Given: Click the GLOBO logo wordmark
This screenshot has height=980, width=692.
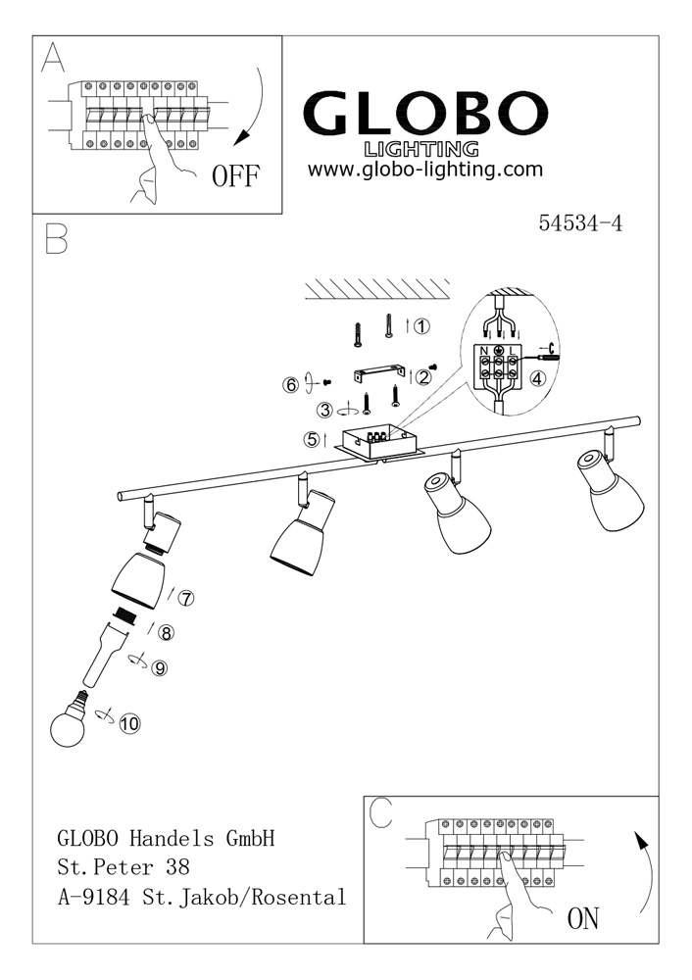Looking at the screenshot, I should pos(423,116).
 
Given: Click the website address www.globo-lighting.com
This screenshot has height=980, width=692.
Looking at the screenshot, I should pos(424,170).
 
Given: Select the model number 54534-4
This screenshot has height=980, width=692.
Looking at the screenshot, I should pos(580,222).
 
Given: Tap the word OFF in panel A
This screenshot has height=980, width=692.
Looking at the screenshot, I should pos(236,176).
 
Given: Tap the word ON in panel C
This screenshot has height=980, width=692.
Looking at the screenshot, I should pos(583,918).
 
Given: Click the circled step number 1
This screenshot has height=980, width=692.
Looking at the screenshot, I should pos(421,327).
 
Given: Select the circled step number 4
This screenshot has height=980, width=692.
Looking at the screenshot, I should pos(537,378).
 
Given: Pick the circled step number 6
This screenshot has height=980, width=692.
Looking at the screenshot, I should pos(290,385).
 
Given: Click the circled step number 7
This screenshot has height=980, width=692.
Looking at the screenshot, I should pos(186,598).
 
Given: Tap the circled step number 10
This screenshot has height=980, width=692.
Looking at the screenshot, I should pos(129,724).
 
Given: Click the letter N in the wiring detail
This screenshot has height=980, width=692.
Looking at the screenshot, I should pos(482,350).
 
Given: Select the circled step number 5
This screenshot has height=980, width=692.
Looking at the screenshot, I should pos(312,440).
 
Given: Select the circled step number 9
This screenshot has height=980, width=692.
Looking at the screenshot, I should pos(160,668).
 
